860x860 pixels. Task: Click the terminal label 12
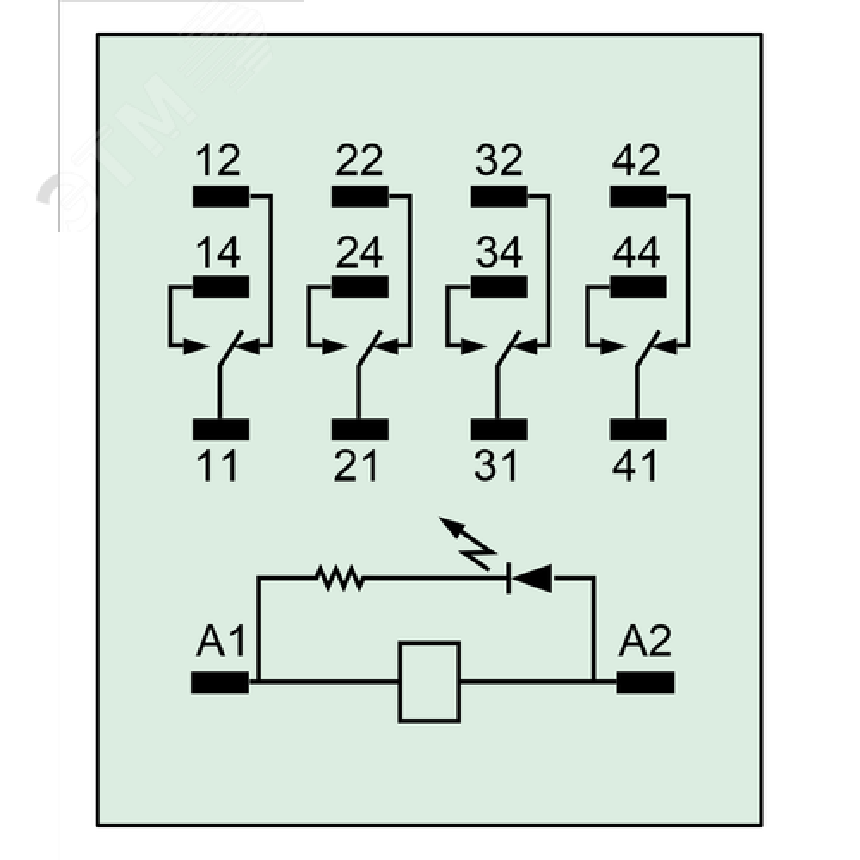pyautogui.click(x=218, y=161)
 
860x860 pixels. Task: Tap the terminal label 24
pyautogui.click(x=359, y=253)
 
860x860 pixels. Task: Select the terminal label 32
pyautogui.click(x=499, y=161)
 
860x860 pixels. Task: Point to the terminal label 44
pyautogui.click(x=637, y=253)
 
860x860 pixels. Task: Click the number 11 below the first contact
pyautogui.click(x=218, y=465)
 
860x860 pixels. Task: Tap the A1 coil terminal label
pyautogui.click(x=221, y=642)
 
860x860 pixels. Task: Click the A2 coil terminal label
pyautogui.click(x=646, y=642)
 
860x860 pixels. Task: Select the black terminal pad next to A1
pyautogui.click(x=220, y=683)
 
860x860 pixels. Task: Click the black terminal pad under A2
pyautogui.click(x=646, y=683)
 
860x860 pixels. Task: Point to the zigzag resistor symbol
pyautogui.click(x=341, y=578)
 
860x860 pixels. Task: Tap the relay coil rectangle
pyautogui.click(x=429, y=681)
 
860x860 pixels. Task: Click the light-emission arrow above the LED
pyautogui.click(x=464, y=542)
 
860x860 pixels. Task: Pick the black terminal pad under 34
pyautogui.click(x=500, y=286)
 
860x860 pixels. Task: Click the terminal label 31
pyautogui.click(x=497, y=465)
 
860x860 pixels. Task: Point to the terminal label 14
pyautogui.click(x=218, y=253)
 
